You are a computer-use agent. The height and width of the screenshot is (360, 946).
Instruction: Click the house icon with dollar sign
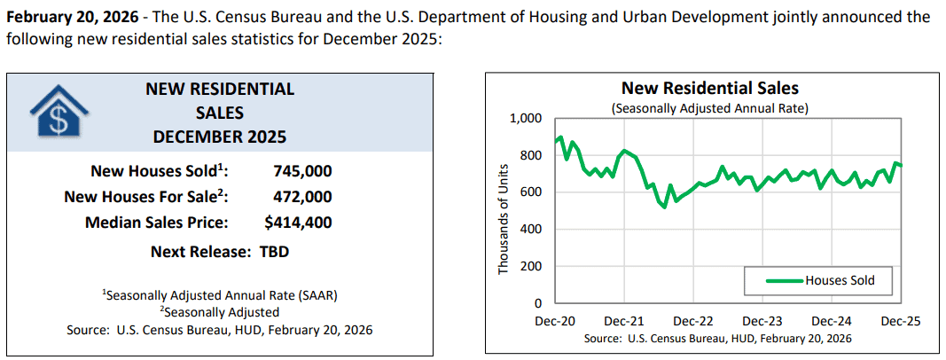pyautogui.click(x=58, y=113)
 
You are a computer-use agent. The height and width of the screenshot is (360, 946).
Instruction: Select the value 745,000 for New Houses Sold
pyautogui.click(x=303, y=171)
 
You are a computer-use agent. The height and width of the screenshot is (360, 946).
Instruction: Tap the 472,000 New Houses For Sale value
pyautogui.click(x=303, y=197)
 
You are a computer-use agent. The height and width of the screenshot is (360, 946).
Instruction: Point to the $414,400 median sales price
pyautogui.click(x=298, y=223)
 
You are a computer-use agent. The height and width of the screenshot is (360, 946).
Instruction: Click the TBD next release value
pyautogui.click(x=275, y=252)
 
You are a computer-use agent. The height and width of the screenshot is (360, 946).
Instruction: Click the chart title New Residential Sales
pyautogui.click(x=709, y=89)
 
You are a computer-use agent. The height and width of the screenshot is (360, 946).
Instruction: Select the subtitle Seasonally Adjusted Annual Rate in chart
pyautogui.click(x=709, y=109)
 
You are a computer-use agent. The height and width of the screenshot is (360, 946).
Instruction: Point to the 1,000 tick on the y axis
pyautogui.click(x=527, y=119)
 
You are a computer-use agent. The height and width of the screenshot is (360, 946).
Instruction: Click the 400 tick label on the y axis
pyautogui.click(x=532, y=229)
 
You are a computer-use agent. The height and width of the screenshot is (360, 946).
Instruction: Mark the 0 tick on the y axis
pyautogui.click(x=538, y=303)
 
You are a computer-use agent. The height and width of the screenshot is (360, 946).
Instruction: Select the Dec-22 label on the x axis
pyautogui.click(x=694, y=321)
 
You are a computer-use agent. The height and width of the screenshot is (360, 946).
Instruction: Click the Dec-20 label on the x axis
pyautogui.click(x=555, y=321)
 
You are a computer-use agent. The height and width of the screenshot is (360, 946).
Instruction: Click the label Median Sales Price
pyautogui.click(x=157, y=223)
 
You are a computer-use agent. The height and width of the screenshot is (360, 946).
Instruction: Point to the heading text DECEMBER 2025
pyautogui.click(x=220, y=137)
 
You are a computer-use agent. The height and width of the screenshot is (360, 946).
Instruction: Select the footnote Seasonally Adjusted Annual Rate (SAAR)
pyautogui.click(x=220, y=296)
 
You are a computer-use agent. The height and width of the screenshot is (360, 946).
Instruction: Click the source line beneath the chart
pyautogui.click(x=718, y=339)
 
